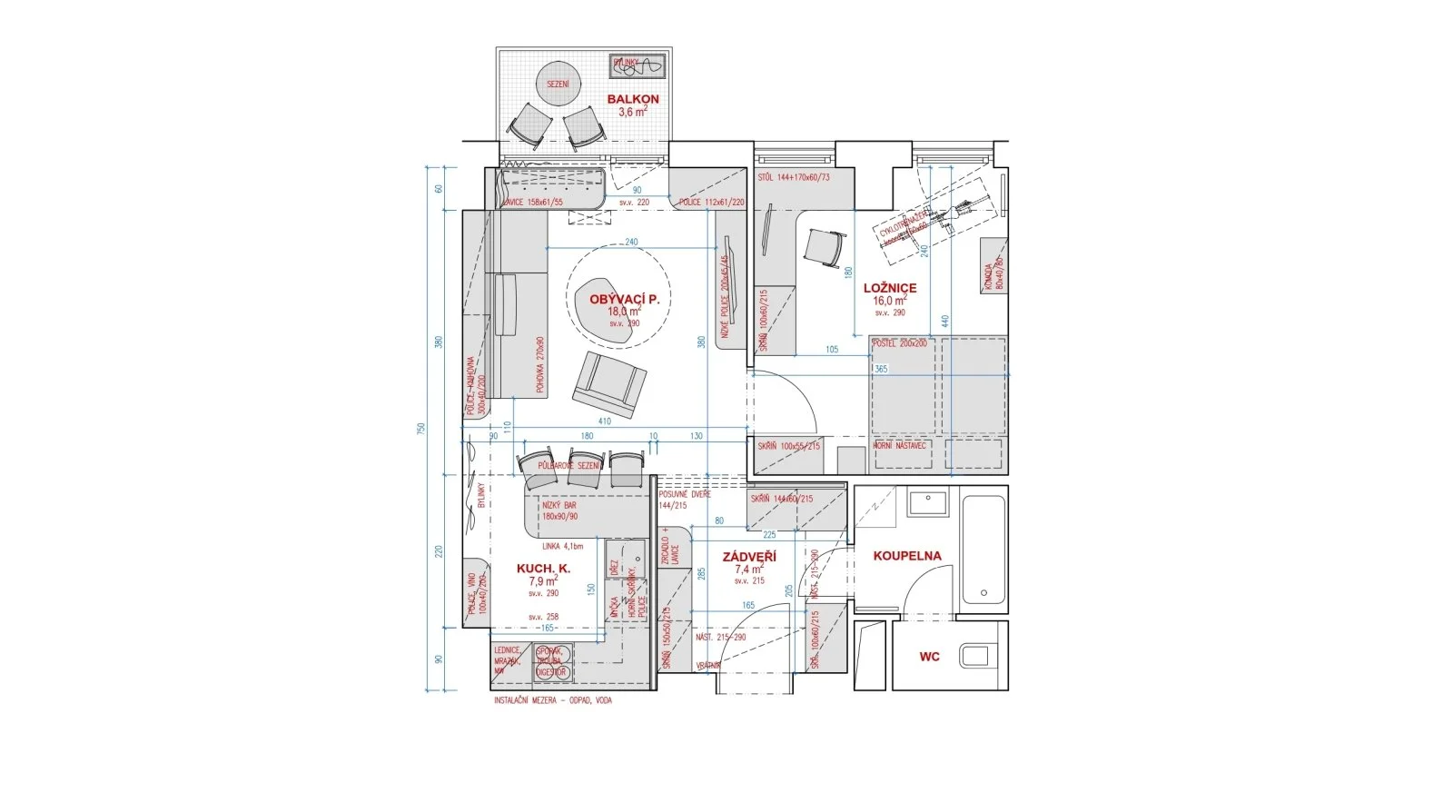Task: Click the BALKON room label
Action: click(x=633, y=99)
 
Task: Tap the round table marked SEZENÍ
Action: click(x=558, y=84)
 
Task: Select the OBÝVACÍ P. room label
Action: click(x=624, y=299)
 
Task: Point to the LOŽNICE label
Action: click(x=890, y=288)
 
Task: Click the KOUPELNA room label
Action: click(x=907, y=556)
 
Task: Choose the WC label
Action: click(x=929, y=657)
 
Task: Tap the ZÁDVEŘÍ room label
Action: click(x=749, y=557)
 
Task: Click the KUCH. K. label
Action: click(x=543, y=569)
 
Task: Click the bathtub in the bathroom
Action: click(x=984, y=551)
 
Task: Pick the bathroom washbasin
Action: click(x=928, y=501)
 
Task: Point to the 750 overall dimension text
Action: click(x=420, y=428)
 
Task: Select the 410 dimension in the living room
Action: click(x=605, y=421)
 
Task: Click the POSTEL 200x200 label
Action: click(x=900, y=343)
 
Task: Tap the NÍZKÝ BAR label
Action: click(x=559, y=505)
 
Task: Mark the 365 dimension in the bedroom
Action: click(x=881, y=370)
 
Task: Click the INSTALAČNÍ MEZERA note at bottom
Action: click(x=552, y=700)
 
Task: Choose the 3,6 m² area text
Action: click(x=632, y=113)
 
